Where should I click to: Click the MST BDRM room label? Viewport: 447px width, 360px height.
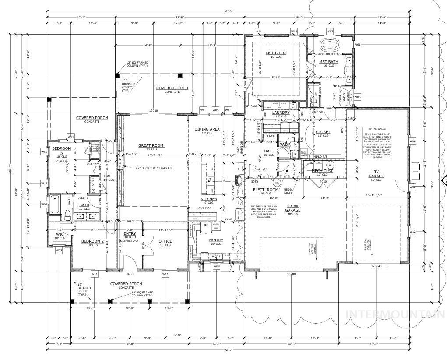pos(276,53)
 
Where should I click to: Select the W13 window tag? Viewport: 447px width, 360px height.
pos(330,32)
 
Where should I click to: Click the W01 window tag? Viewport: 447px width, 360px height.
pos(357,45)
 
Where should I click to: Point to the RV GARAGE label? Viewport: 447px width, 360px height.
pos(376,174)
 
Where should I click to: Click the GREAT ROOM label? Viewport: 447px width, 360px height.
pos(151,145)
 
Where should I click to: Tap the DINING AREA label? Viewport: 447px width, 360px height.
pos(207,129)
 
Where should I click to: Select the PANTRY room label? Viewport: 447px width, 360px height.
pos(216,240)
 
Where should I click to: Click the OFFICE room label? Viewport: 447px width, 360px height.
pos(165,241)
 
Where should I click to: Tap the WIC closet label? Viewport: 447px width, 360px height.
pos(60,234)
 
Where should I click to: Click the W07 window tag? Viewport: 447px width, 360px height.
pos(44,204)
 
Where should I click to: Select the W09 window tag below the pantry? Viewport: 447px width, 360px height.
pos(216,266)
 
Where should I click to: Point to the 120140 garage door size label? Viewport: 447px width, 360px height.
pos(376,266)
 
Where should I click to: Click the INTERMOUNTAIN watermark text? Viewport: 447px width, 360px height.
pos(396,314)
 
